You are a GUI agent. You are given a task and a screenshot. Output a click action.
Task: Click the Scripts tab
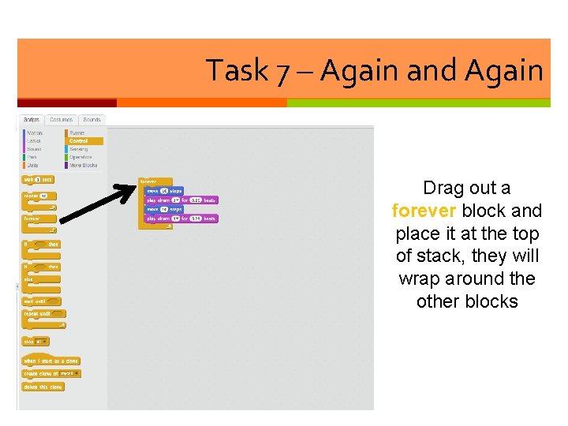point(32,120)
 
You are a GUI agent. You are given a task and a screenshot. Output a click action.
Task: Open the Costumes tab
point(60,120)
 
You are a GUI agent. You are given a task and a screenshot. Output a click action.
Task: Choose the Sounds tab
point(91,120)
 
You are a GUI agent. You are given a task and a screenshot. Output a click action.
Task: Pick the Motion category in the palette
point(35,133)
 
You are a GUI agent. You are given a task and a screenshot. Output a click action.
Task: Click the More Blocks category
point(83,165)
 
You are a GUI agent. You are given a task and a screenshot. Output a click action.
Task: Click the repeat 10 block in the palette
point(36,196)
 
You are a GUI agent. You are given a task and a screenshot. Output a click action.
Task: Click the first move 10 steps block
point(164,191)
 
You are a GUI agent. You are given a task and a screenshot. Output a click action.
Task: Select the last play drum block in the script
point(181,219)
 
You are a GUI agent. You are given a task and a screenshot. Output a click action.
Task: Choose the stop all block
point(35,342)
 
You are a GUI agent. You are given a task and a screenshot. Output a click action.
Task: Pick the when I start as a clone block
point(51,360)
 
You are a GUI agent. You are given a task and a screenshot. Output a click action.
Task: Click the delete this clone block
point(43,387)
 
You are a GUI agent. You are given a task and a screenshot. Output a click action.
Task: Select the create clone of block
point(51,373)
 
